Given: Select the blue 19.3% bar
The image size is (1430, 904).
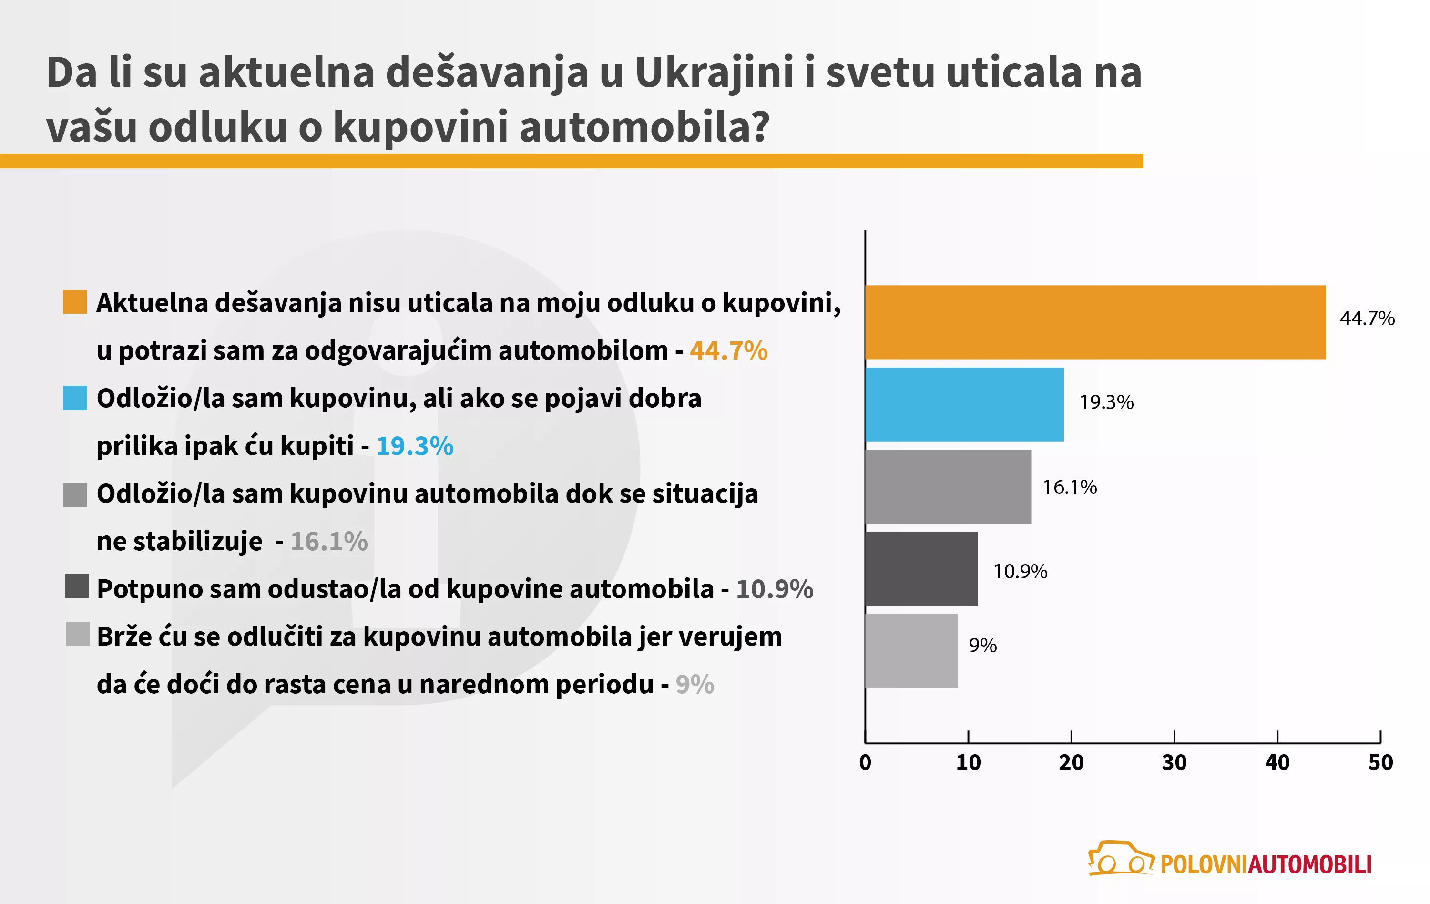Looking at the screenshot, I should (964, 404).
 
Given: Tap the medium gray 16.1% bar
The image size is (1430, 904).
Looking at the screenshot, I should (948, 486).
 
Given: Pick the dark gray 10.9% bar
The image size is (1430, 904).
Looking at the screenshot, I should (921, 568).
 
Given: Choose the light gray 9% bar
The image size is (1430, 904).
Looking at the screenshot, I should (911, 650).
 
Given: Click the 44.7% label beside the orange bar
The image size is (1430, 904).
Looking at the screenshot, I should (1367, 318).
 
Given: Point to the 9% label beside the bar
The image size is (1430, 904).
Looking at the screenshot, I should (982, 645).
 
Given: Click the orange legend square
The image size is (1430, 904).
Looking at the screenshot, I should (75, 302).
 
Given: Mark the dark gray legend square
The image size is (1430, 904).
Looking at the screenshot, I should (77, 586).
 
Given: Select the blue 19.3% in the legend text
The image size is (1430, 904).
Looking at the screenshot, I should (415, 446).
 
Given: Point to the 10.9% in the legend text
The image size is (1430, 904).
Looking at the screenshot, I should (775, 589).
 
